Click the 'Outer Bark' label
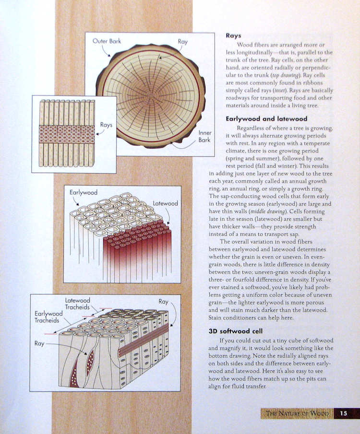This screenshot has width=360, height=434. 107,41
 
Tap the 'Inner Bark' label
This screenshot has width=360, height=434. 204,137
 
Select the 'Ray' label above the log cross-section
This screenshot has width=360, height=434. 182,42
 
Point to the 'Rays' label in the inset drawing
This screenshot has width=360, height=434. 106,125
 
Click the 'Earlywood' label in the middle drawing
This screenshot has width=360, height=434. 84,192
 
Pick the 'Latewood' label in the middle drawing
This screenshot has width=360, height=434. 165,203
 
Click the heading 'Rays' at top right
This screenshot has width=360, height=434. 233,35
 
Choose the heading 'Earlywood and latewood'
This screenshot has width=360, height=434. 266,119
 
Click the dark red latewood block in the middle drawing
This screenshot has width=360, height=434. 137,249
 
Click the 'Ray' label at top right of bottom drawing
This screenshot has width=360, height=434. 164,302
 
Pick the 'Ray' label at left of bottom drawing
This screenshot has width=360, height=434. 39,343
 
